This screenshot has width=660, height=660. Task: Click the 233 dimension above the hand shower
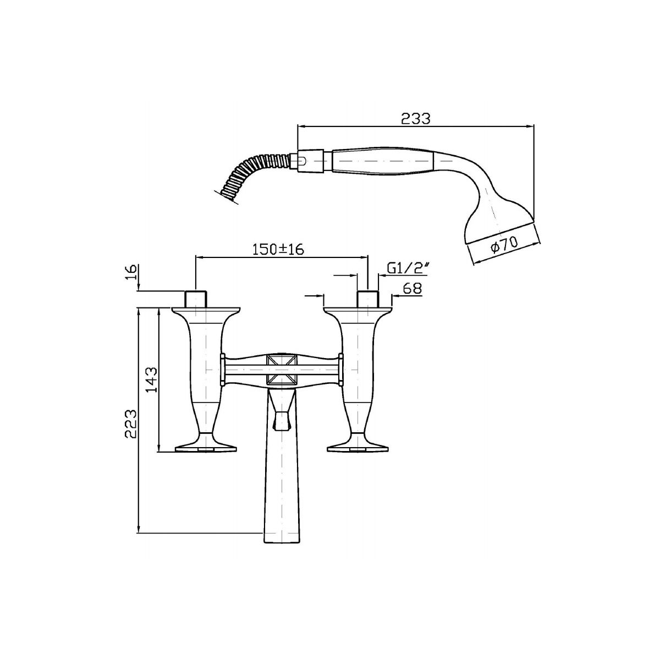pos(415,118)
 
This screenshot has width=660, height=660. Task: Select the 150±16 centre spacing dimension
pos(278,249)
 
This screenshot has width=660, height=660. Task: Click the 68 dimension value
pos(412,288)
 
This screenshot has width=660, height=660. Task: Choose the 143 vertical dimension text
pos(151,380)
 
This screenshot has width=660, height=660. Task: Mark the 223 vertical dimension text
pos(131,424)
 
